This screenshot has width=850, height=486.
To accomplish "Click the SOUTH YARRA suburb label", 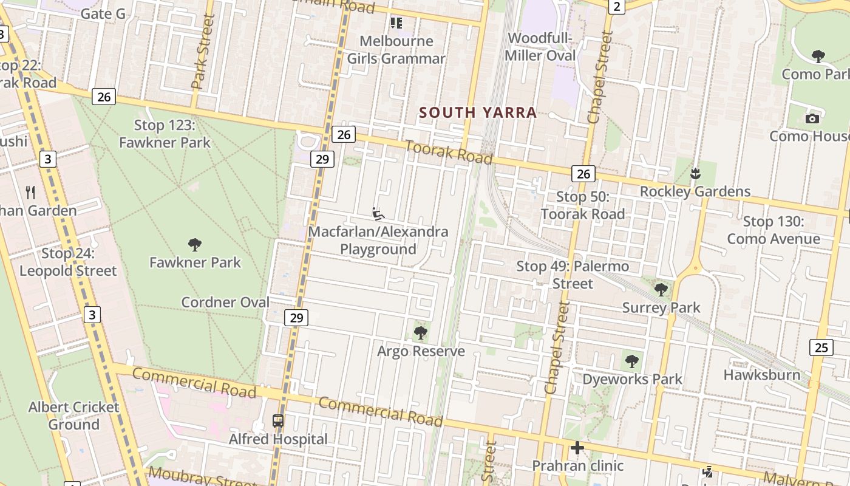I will click(x=478, y=112).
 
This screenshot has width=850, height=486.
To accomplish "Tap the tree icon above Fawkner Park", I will click(x=195, y=245).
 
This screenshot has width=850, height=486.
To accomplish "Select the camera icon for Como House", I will click(x=812, y=118).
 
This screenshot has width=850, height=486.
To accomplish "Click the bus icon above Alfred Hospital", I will click(x=278, y=420).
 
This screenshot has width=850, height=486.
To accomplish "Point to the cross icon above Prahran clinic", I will click(x=577, y=448).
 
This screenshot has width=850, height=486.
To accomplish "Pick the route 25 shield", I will click(x=821, y=347).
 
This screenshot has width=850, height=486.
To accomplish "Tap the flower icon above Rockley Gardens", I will click(x=695, y=174).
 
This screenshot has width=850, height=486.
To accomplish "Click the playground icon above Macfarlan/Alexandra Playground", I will click(x=378, y=214).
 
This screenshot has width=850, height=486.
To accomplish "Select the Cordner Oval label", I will click(x=225, y=302).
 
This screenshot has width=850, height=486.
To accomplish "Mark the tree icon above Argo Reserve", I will click(x=420, y=333).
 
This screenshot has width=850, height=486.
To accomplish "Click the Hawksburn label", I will click(x=761, y=375).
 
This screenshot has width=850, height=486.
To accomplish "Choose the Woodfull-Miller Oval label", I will click(x=541, y=47).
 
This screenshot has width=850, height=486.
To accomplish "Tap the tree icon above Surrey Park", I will click(x=661, y=290).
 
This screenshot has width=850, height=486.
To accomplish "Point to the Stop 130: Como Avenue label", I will click(x=773, y=230).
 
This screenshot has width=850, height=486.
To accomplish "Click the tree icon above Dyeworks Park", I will click(x=632, y=361).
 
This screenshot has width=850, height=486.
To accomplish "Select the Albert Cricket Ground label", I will click(x=73, y=416).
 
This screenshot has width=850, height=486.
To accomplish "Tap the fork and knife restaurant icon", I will click(x=31, y=193).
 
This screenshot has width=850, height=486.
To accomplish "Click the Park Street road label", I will click(x=203, y=52).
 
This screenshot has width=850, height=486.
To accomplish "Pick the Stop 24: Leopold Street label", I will click(x=68, y=262).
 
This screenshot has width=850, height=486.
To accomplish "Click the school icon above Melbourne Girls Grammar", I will click(x=396, y=23).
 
